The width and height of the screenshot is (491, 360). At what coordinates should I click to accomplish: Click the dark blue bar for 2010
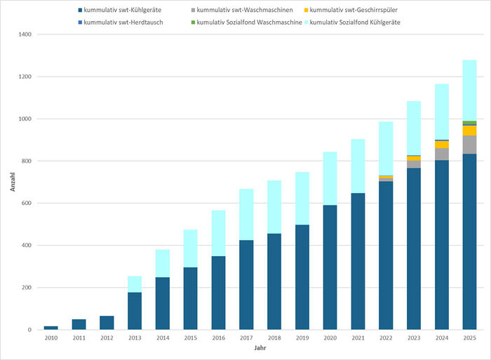(51, 328)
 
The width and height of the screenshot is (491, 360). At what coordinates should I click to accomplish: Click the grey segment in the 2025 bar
(469, 145)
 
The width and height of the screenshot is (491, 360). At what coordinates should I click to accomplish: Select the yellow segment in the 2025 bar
(469, 131)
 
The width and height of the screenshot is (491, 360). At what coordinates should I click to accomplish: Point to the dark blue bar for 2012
(107, 323)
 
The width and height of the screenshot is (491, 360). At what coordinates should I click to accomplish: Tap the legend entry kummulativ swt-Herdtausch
(123, 23)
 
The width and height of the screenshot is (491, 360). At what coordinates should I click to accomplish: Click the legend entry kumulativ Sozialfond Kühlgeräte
(357, 23)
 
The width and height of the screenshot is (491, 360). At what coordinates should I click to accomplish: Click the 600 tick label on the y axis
(26, 204)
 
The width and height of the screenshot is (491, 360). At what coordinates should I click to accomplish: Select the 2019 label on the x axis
(302, 338)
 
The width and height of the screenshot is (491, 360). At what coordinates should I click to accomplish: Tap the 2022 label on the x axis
(386, 338)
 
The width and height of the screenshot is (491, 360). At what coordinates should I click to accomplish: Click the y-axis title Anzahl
(11, 182)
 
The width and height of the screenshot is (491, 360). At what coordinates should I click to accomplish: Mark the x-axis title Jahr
(260, 349)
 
